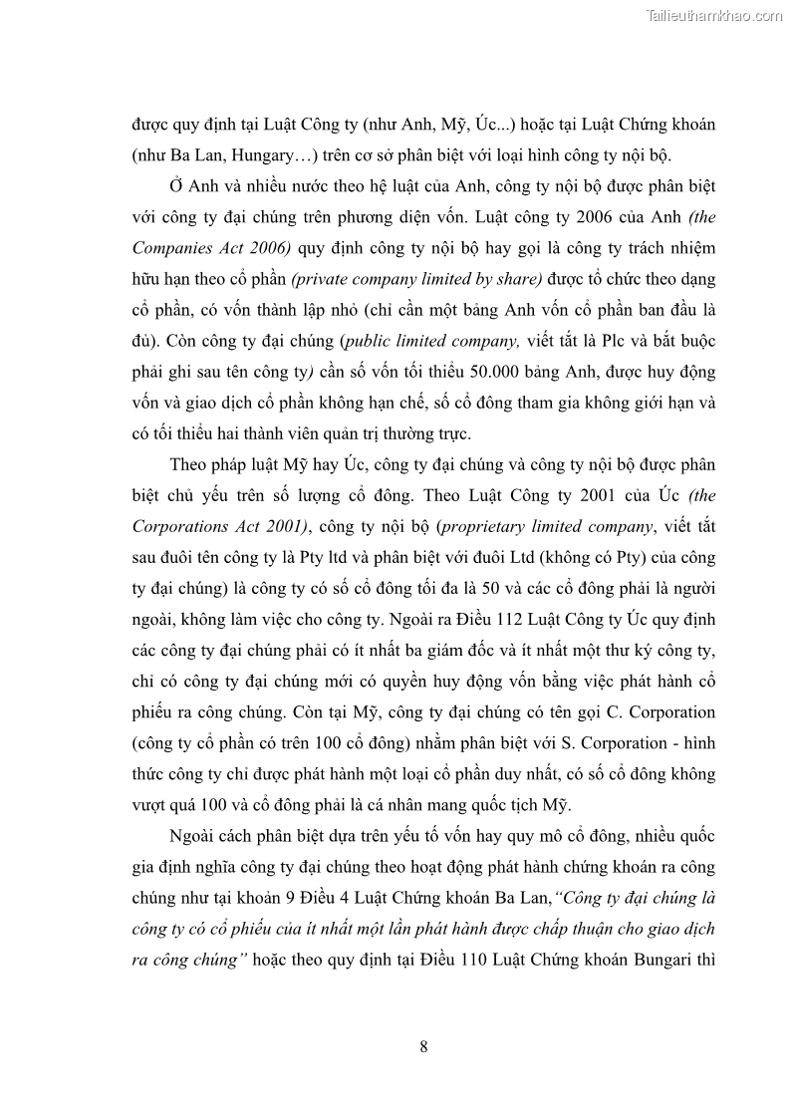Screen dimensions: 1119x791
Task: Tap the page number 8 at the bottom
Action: coord(424,1045)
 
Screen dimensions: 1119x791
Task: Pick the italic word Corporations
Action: coord(179,526)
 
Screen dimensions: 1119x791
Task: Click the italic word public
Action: coord(367,341)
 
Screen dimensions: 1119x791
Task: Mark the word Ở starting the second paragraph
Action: coord(175,186)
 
